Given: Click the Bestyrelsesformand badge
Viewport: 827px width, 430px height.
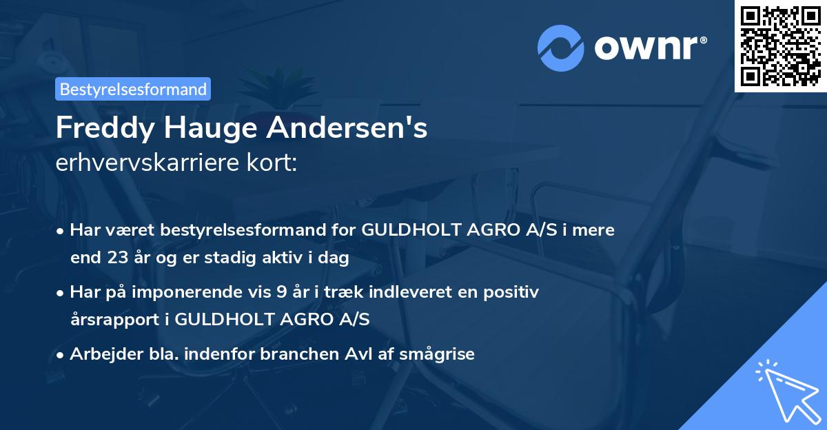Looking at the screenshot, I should [x=133, y=89].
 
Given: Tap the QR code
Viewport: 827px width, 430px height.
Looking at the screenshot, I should [x=780, y=45].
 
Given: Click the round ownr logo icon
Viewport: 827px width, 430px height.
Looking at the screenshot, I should [x=561, y=48].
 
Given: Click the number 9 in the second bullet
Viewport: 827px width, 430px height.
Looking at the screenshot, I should [x=280, y=291].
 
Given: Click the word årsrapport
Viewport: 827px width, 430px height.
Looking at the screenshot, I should [x=119, y=319].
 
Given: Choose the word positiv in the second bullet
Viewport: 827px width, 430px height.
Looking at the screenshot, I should [x=513, y=291].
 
